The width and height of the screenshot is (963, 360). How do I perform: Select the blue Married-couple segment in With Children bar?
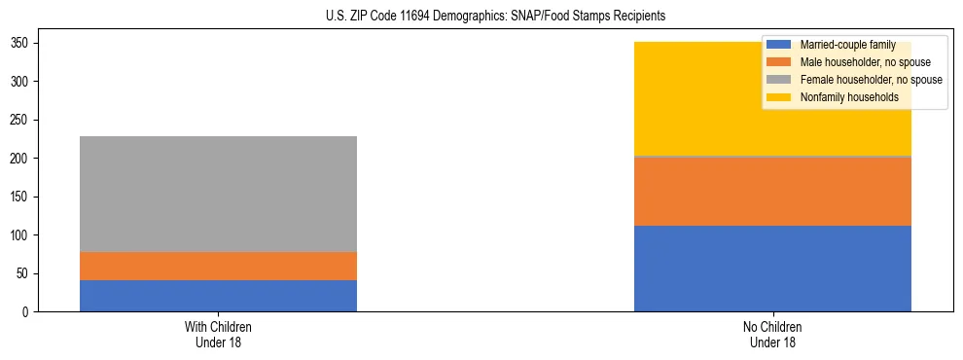coord(218,296)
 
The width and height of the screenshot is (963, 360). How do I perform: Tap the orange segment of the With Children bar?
coord(218,266)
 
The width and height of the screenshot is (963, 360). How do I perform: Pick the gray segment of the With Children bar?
coord(218,194)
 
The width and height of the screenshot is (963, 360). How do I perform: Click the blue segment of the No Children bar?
coord(772,269)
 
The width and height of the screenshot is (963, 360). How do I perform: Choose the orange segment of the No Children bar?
coord(772,191)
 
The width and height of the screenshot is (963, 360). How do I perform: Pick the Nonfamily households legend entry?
coord(848,97)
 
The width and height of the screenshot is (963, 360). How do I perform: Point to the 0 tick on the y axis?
coord(29,312)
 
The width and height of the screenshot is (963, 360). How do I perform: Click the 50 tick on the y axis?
coord(26,273)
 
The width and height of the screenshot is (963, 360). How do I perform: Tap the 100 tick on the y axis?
coord(23,235)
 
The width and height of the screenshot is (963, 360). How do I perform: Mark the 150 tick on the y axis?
coord(23,197)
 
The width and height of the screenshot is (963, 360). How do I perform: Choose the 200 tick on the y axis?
coord(23,159)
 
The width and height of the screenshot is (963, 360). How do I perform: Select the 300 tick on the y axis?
coord(23,82)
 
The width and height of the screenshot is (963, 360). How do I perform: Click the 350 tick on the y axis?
coord(23,44)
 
